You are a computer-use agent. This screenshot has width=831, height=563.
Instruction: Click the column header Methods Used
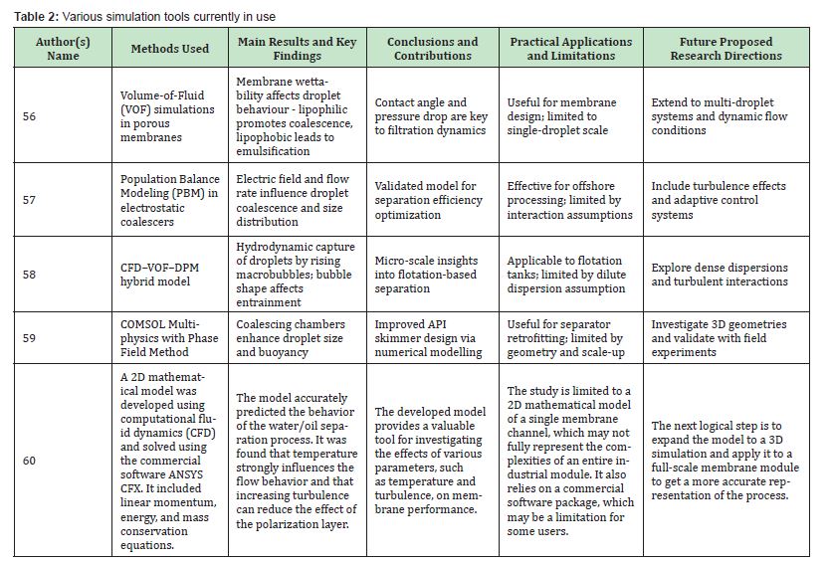point(170,49)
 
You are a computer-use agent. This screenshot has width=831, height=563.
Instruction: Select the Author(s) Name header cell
point(63,49)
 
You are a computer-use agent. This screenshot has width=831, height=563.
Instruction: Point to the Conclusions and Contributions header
point(432,49)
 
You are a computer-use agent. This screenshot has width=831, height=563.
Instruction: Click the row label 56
point(30,116)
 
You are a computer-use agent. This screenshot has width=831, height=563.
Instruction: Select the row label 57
point(30,200)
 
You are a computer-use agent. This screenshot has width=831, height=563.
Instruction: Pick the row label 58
point(30,275)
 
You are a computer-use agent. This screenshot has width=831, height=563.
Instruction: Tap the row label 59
point(30,337)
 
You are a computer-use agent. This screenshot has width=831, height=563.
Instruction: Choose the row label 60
point(30,461)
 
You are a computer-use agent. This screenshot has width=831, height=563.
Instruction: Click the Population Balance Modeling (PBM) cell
point(169,200)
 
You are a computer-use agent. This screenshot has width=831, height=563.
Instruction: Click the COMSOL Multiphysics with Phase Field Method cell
point(169,337)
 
